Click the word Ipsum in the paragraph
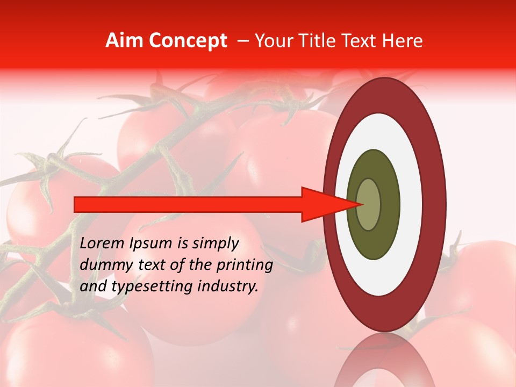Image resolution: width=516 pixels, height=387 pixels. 152,243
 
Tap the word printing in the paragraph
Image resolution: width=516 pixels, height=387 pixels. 244,265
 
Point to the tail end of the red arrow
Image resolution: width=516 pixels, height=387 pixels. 76,204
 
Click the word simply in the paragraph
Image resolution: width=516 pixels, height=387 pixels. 213,244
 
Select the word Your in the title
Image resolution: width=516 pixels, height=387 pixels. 271,41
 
